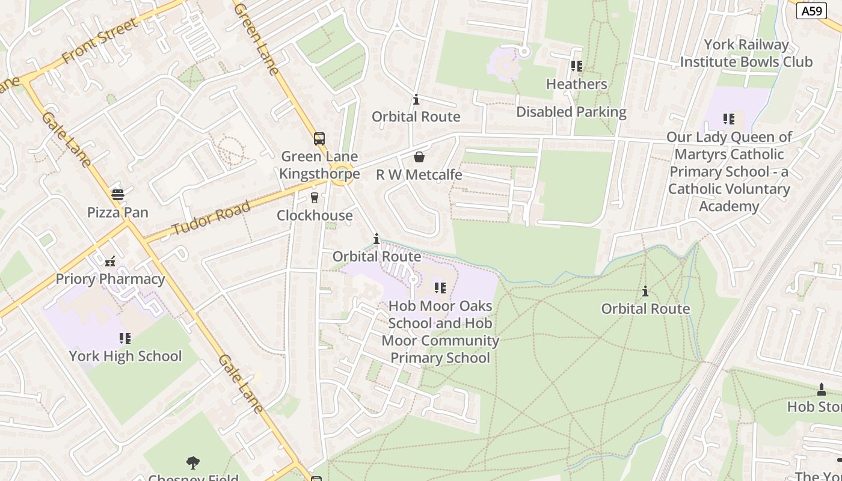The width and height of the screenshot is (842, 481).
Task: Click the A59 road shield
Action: [x=811, y=11]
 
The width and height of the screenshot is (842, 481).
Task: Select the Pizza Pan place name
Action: [x=118, y=212]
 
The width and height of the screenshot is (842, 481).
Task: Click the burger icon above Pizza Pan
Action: [x=117, y=195]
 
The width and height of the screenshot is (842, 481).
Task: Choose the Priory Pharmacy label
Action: [x=110, y=279]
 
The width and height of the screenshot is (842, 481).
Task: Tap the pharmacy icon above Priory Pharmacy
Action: [x=110, y=262]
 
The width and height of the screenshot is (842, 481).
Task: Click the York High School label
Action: [x=125, y=356]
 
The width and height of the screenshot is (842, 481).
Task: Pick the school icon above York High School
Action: [x=124, y=339]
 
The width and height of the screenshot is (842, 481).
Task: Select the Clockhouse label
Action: [x=315, y=215]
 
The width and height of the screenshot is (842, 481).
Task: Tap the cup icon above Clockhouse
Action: [x=314, y=198]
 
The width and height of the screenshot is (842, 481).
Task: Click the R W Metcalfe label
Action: [x=419, y=175]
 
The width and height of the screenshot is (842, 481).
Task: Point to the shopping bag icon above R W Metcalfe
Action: [x=419, y=158]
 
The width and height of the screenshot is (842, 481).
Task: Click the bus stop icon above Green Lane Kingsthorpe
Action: [x=319, y=139]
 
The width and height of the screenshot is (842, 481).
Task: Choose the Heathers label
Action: [x=577, y=84]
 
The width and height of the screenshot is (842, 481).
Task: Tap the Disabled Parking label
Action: [x=571, y=112]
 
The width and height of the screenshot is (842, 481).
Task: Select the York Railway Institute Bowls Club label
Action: [x=746, y=54]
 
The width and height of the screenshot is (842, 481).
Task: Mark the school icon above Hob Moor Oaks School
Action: [x=440, y=289]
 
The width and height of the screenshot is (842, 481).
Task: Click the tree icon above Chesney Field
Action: [x=193, y=462]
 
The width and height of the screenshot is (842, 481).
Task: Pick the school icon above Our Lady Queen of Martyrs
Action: [x=729, y=119]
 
